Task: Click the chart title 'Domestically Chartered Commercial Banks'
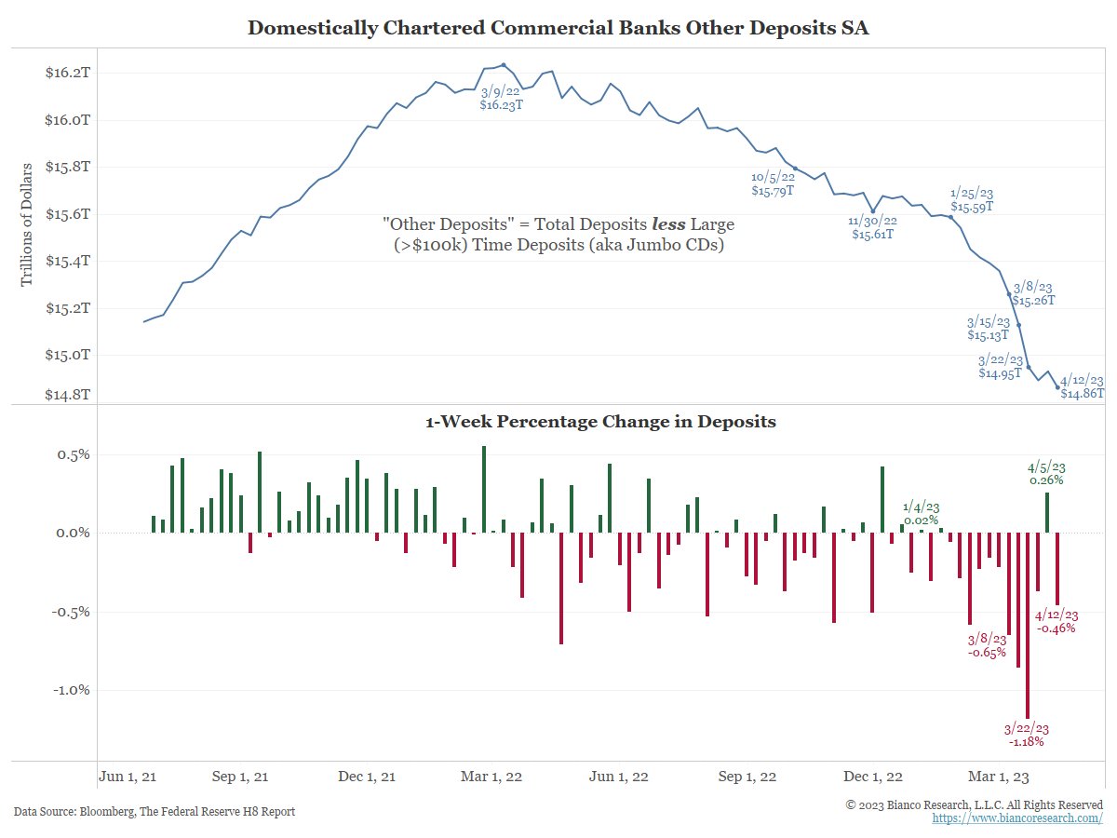click(558, 28)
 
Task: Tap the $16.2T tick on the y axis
click(68, 73)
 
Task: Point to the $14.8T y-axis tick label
click(68, 394)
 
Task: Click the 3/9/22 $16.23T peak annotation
click(503, 99)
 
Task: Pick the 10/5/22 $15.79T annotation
click(773, 182)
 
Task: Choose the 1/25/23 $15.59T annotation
click(971, 198)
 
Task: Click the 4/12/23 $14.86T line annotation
click(1082, 387)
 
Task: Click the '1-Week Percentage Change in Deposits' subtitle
click(600, 422)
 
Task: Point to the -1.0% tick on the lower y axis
click(68, 690)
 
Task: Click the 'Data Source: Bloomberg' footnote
click(155, 812)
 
